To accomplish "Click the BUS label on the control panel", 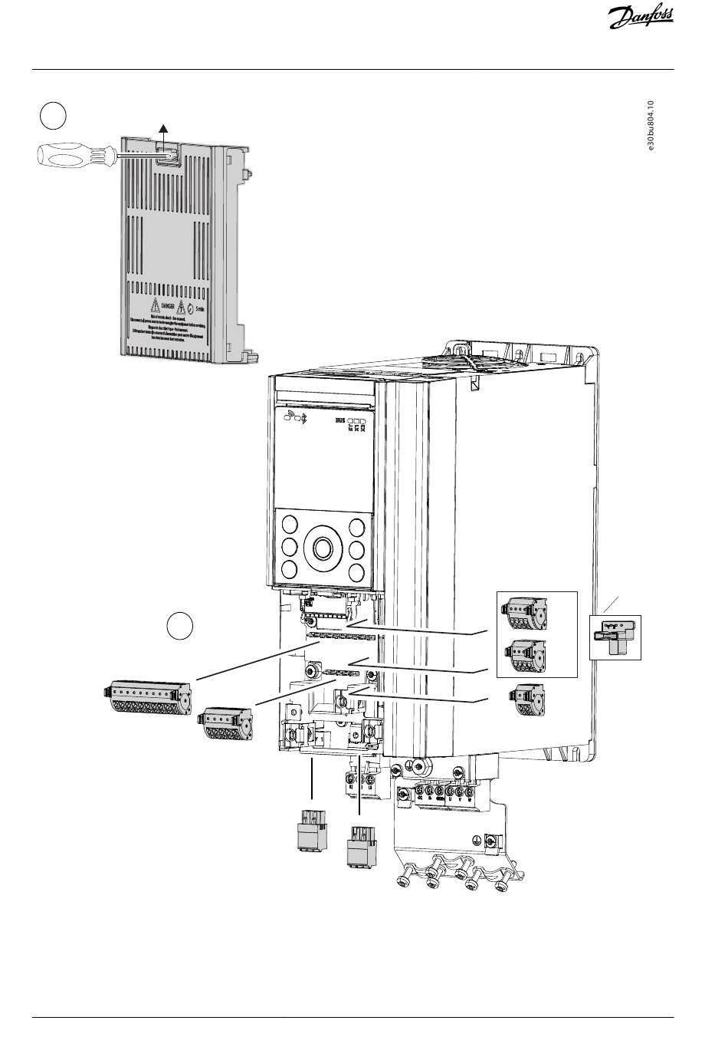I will (339, 421).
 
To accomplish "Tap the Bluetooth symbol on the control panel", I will (300, 419).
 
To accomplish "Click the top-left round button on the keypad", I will (290, 526).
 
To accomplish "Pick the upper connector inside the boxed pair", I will (523, 612).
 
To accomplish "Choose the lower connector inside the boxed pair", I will (523, 653).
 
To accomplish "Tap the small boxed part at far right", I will (615, 637).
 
